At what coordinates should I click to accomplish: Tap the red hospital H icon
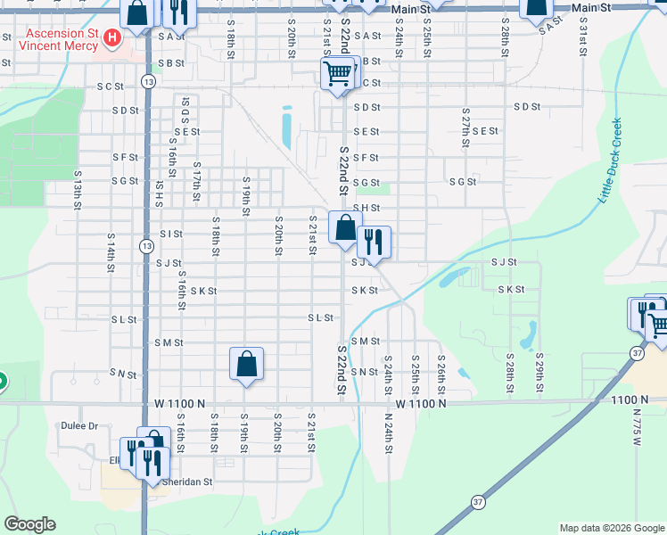(x=112, y=37)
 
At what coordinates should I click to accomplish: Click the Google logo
(x=29, y=524)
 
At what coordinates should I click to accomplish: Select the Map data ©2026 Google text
(x=612, y=528)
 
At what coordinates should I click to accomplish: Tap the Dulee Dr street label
(x=79, y=426)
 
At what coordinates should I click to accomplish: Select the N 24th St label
(x=389, y=433)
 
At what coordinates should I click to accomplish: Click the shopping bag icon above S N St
(x=247, y=365)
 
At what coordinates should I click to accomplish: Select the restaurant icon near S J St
(x=374, y=243)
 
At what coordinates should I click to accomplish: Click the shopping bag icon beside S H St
(x=345, y=228)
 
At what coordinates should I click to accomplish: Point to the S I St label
(x=171, y=235)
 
